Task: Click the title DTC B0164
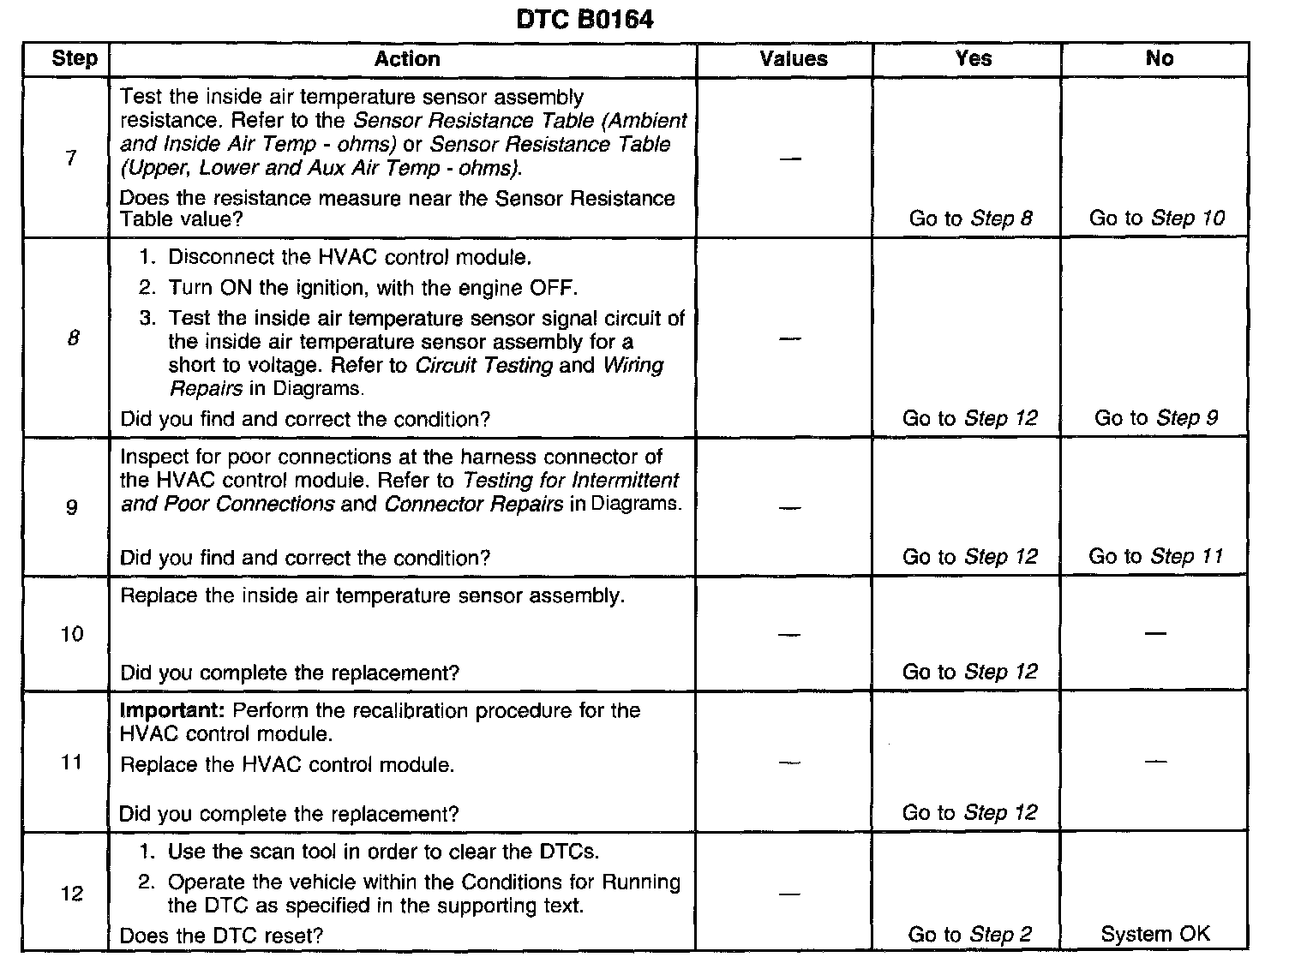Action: tap(585, 20)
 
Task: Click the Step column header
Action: tap(75, 58)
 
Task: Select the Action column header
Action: tap(407, 58)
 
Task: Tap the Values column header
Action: tap(794, 58)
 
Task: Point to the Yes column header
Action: tap(974, 58)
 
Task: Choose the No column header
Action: tap(1159, 58)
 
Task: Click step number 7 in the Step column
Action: tap(71, 158)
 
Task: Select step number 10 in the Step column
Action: tap(72, 634)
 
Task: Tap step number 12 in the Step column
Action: tap(72, 894)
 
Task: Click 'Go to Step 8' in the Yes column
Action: tap(970, 218)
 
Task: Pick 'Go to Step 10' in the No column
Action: tap(1156, 218)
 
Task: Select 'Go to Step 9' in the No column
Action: tap(1156, 418)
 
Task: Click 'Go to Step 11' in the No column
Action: tap(1155, 556)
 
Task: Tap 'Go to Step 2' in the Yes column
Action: tap(970, 935)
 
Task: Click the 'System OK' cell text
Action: tap(1155, 934)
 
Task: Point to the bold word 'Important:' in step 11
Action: tap(172, 711)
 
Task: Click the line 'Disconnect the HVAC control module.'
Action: tap(350, 257)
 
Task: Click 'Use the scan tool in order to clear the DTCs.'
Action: tap(383, 852)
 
